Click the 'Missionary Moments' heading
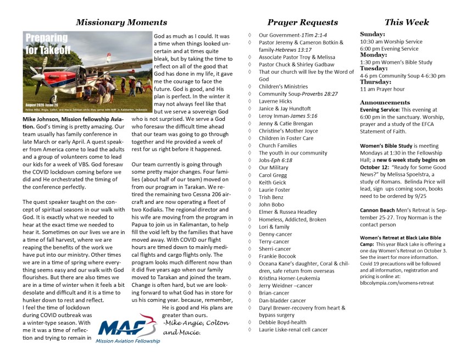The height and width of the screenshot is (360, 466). pos(121,23)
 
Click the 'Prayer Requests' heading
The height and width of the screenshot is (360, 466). pos(302,23)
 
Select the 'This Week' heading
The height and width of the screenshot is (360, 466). pos(407,23)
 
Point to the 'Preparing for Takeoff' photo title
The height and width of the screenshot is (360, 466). pos(47,44)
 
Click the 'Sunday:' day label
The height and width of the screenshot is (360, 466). pos(373,34)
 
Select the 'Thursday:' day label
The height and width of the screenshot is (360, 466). pos(375,82)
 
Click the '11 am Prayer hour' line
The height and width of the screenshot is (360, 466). pos(382,89)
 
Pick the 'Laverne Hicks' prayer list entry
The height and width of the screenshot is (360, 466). pos(275,101)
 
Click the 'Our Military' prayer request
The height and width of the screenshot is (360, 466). pos(273,168)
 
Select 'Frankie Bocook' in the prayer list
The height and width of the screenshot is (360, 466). pos(278,256)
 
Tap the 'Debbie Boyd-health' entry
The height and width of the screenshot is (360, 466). pos(282,322)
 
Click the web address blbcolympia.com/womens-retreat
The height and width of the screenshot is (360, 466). pos(397,283)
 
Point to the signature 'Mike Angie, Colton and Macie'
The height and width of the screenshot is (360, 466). pos(196,328)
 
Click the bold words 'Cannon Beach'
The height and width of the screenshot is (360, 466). pos(378,211)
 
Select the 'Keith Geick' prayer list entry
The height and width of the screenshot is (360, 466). pos(273,182)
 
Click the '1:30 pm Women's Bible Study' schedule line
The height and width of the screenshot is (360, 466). pos(396,62)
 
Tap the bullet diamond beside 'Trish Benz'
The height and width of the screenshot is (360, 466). pos(250,197)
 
